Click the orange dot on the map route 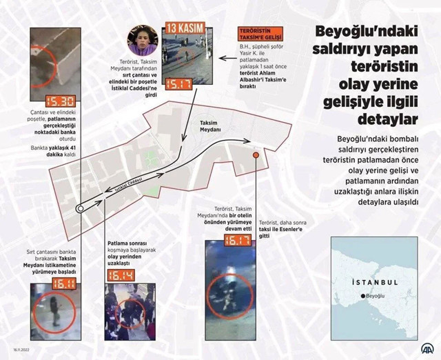pos(256,156)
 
